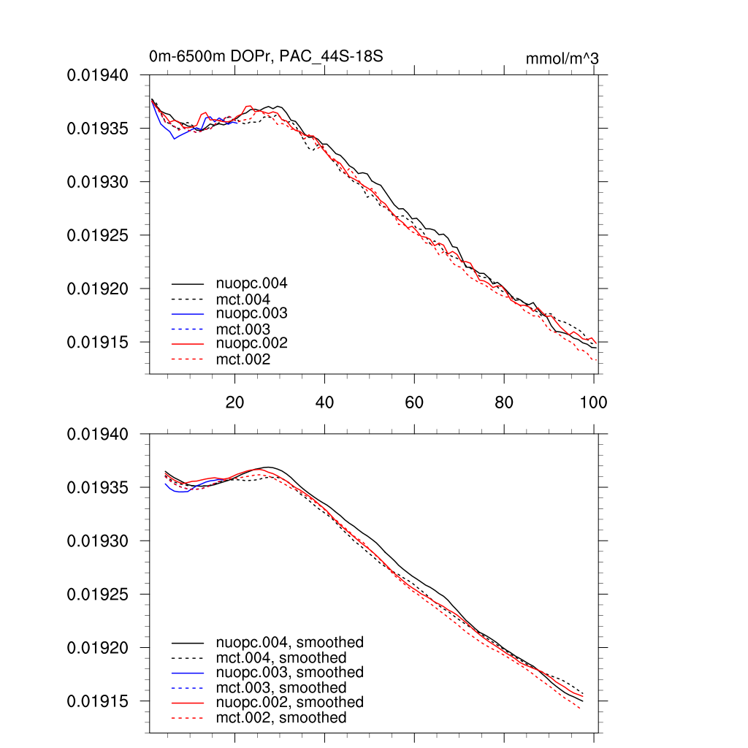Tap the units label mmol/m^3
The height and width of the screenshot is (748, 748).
(x=562, y=58)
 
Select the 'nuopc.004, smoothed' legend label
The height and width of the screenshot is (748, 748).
(x=289, y=643)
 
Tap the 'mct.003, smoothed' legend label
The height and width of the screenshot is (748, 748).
(x=280, y=688)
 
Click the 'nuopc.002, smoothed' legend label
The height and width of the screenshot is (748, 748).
(x=289, y=702)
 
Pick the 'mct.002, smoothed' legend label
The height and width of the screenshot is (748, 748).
(x=280, y=718)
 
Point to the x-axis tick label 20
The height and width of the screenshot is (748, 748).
(x=234, y=402)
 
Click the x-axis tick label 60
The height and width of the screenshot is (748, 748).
(x=414, y=402)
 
